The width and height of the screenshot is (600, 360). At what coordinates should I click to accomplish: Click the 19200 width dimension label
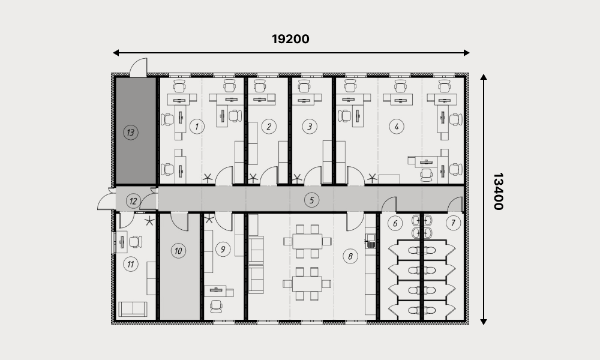[x=290, y=39]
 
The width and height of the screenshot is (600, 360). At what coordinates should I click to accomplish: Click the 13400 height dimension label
[x=498, y=191]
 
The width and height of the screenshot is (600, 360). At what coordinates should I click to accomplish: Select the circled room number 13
[x=131, y=133]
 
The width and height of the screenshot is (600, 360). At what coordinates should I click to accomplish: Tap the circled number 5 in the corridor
[x=311, y=200]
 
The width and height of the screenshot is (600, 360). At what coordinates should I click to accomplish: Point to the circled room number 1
[x=197, y=126]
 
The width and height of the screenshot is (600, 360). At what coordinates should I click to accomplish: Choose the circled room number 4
[x=397, y=126]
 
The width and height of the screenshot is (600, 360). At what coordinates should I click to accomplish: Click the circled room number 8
[x=350, y=256]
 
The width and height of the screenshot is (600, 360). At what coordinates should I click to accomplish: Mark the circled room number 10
[x=178, y=251]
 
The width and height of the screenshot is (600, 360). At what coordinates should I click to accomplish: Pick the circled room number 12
[x=133, y=201]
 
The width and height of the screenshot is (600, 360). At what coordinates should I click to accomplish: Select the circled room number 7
[x=453, y=223]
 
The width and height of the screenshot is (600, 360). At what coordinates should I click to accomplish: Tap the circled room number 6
[x=395, y=223]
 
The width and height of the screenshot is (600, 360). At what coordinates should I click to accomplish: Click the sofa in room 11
[x=133, y=309]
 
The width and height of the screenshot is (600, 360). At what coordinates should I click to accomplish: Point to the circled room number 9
[x=223, y=250]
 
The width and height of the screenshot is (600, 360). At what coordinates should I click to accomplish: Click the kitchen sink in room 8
[x=370, y=241]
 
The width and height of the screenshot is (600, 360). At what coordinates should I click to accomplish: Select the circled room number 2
[x=269, y=126]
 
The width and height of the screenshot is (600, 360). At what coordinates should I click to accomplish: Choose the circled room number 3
[x=310, y=126]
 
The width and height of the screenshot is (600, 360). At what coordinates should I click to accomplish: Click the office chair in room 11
[x=136, y=242]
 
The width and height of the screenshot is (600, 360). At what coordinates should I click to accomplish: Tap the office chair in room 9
[x=216, y=306]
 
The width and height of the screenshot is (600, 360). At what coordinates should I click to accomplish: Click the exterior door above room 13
[x=139, y=68]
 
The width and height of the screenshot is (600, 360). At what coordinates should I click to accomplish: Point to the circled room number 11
[x=131, y=264]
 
